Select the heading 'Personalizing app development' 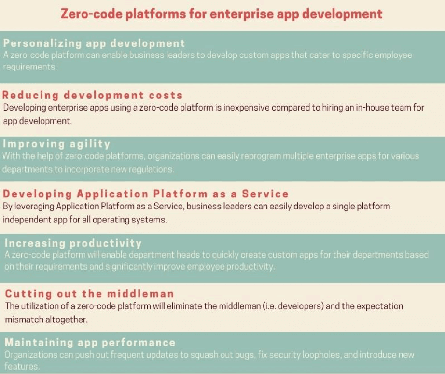(x=94, y=43)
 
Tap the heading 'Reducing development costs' (x=93, y=95)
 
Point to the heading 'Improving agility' (x=57, y=144)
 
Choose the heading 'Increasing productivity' (x=73, y=243)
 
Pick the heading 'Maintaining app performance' (x=90, y=343)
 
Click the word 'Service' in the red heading (x=265, y=194)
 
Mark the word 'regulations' (x=150, y=169)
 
